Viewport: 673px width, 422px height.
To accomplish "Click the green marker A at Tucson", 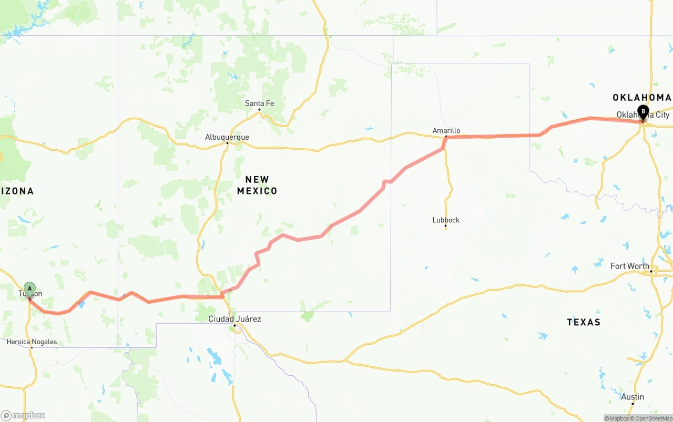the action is coord(30,289).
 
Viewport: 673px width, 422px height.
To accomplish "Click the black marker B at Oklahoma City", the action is coord(643,111).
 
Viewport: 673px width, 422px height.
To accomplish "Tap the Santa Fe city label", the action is coord(259,104).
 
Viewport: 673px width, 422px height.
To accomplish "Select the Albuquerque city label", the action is coord(227,137).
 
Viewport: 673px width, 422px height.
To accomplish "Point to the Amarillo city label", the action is coord(446,130).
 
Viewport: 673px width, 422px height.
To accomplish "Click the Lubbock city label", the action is coord(446,220).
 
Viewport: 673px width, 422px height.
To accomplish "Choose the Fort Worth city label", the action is coord(629,266).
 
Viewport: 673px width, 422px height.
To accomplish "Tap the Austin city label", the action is coord(633,397).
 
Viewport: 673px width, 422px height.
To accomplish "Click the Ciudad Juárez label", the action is coord(234,319).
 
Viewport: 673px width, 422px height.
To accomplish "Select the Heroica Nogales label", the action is coord(32,342).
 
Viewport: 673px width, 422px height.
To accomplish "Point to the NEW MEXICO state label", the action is coord(257,185).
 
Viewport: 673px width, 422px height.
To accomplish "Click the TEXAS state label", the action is coord(584,322).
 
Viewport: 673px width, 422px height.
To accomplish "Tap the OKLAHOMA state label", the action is coord(641,97).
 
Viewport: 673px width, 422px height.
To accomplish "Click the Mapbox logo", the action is coord(23,415).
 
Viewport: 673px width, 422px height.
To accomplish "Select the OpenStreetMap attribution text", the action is coord(652,418).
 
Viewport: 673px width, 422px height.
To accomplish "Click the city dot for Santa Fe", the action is coord(259,109).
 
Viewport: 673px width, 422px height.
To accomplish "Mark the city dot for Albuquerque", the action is coord(227,143).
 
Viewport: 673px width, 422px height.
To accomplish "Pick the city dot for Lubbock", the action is coord(445,226).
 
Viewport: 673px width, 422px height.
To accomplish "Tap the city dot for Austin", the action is coord(633,403).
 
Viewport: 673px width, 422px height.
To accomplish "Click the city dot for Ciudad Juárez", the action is coord(234,325).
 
